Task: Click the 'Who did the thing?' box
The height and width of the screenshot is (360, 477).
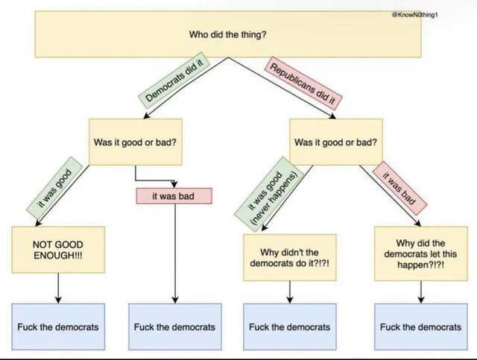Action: pos(228,34)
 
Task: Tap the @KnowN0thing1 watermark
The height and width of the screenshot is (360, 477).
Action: pos(415,15)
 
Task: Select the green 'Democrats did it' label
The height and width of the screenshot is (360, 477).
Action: pos(174,80)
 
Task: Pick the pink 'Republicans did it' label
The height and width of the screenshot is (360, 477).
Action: pos(303,81)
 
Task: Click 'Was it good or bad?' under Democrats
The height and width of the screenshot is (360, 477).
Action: pos(136,142)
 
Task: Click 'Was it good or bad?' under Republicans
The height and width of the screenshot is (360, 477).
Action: pos(336,142)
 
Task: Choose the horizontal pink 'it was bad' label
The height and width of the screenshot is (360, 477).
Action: pos(174,196)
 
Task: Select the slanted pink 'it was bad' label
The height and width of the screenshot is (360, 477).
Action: pos(399,188)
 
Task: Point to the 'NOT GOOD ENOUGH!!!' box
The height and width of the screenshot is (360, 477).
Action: pos(58,250)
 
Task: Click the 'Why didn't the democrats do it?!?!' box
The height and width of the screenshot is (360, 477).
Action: pos(290,257)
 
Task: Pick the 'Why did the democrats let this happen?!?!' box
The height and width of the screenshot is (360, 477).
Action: pos(420,253)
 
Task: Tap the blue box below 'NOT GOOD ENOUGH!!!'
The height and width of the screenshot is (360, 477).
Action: pos(58,326)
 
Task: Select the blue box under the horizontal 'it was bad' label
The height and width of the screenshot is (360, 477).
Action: pos(175,326)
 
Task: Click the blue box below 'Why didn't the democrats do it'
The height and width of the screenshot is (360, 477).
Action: pos(290,326)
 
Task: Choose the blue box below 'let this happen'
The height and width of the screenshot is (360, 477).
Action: pos(420,326)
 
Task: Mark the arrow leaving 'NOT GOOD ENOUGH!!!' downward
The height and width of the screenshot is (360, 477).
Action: pos(58,288)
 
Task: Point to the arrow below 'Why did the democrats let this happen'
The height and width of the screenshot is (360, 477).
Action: pos(420,292)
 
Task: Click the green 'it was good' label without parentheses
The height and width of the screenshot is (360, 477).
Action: pos(54,189)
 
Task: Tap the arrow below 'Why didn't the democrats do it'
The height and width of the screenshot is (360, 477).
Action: pos(290,292)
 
